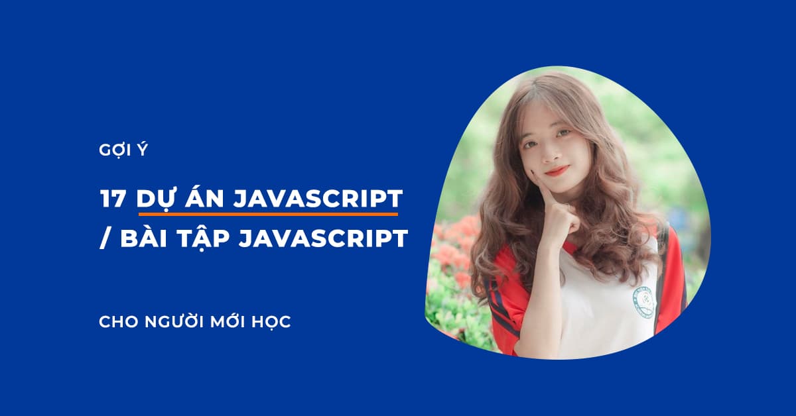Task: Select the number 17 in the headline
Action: coord(113,199)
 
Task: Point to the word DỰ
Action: coord(155,199)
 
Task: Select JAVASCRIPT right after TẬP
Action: coord(322,240)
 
